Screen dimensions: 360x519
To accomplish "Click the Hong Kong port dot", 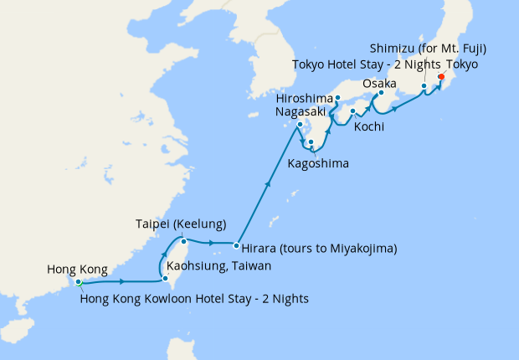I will (78, 281).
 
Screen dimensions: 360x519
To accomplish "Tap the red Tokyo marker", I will (441, 82).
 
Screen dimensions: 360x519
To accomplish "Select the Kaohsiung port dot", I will (165, 280).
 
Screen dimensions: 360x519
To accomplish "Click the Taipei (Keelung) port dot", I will (182, 241).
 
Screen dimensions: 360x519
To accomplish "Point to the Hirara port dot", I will (236, 246).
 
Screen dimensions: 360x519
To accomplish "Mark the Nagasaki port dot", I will (298, 126).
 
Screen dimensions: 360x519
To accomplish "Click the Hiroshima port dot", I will (337, 98).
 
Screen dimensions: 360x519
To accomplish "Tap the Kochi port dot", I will (353, 111).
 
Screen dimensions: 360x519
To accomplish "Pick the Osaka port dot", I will (381, 94).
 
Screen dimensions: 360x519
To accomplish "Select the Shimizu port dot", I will (424, 86).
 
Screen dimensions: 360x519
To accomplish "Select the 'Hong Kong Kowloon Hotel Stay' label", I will (194, 299).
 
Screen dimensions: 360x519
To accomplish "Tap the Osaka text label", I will (379, 84).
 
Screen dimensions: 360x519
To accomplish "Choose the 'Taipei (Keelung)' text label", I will (182, 224).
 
